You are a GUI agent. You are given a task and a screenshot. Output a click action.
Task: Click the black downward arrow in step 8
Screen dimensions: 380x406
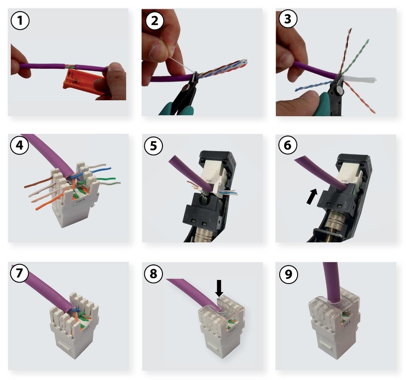click(x=219, y=288)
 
